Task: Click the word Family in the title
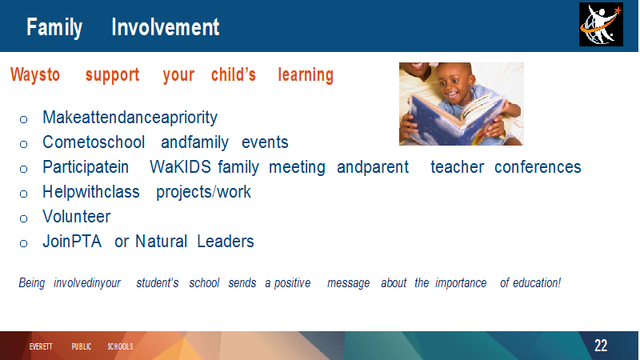pyautogui.click(x=54, y=28)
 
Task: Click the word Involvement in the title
pyautogui.click(x=166, y=27)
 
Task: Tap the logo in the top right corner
pyautogui.click(x=601, y=25)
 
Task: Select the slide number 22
pyautogui.click(x=601, y=346)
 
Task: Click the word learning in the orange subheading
pyautogui.click(x=306, y=75)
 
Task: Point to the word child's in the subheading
pyautogui.click(x=234, y=74)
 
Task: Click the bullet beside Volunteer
pyautogui.click(x=24, y=218)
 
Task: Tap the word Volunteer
pyautogui.click(x=76, y=216)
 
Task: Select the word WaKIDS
pyautogui.click(x=180, y=167)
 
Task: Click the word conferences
pyautogui.click(x=538, y=167)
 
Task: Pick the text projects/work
pyautogui.click(x=203, y=192)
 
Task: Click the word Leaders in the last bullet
pyautogui.click(x=226, y=242)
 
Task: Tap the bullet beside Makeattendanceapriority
pyautogui.click(x=24, y=119)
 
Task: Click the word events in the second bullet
pyautogui.click(x=265, y=142)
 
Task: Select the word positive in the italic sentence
pyautogui.click(x=292, y=283)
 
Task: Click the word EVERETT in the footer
pyautogui.click(x=41, y=346)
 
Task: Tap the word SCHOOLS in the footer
pyautogui.click(x=121, y=346)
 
